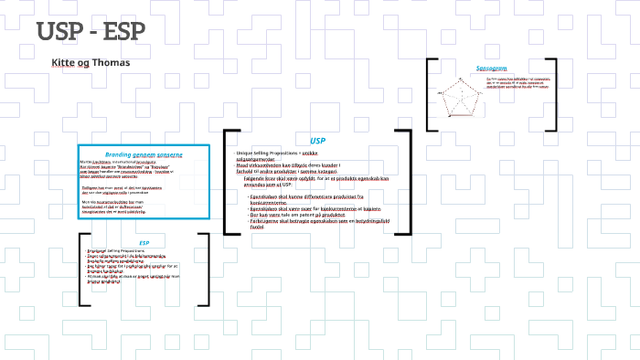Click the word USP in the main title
pyautogui.click(x=61, y=31)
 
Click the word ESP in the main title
pyautogui.click(x=124, y=31)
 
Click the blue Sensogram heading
pyautogui.click(x=491, y=69)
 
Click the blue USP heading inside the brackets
pyautogui.click(x=317, y=141)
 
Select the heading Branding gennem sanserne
pyautogui.click(x=144, y=155)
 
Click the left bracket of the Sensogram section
pyautogui.click(x=428, y=95)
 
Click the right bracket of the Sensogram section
pyautogui.click(x=556, y=95)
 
